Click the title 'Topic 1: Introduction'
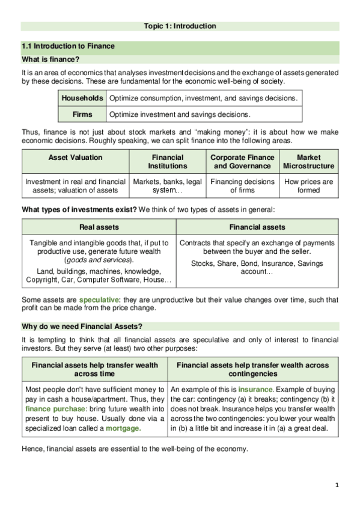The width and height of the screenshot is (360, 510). (x=180, y=26)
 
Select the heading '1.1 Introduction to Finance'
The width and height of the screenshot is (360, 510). (x=67, y=46)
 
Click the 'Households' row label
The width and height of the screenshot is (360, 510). (x=82, y=97)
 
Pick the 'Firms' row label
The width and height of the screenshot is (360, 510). (x=82, y=114)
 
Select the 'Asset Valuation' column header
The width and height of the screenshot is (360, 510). (x=75, y=158)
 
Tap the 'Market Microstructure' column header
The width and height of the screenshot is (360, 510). (x=309, y=162)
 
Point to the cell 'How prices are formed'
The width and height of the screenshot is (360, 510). (x=309, y=186)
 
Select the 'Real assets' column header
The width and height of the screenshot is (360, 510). (x=99, y=227)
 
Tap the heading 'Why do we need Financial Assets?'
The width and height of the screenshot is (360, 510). (x=82, y=326)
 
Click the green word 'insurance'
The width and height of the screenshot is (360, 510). (x=255, y=390)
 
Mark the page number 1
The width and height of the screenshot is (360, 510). (x=338, y=485)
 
